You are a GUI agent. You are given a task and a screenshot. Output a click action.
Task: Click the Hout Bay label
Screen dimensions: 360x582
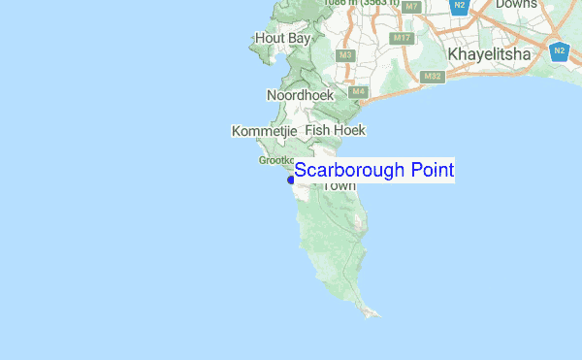click(281, 38)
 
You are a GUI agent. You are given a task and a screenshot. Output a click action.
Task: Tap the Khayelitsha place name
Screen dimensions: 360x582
click(489, 54)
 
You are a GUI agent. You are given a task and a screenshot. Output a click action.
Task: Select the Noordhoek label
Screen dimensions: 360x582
click(300, 95)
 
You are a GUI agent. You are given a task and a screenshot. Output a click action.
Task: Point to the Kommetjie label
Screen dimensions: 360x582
click(264, 130)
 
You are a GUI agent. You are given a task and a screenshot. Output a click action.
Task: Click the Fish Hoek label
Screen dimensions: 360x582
click(335, 129)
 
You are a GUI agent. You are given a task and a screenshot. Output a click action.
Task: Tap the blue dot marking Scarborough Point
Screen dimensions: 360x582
click(291, 180)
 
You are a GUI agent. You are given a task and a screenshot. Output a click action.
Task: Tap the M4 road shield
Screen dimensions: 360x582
click(359, 92)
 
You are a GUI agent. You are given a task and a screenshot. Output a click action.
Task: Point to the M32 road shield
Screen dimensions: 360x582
click(433, 76)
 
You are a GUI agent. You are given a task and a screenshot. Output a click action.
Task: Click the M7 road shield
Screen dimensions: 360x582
click(412, 7)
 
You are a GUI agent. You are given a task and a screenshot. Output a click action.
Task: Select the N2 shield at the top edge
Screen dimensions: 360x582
click(462, 7)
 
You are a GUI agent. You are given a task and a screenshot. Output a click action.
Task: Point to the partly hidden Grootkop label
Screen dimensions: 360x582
click(275, 160)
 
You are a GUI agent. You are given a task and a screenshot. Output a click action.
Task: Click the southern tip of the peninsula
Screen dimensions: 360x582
click(380, 315)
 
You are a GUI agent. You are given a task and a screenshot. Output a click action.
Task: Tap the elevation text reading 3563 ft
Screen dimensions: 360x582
click(376, 5)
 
